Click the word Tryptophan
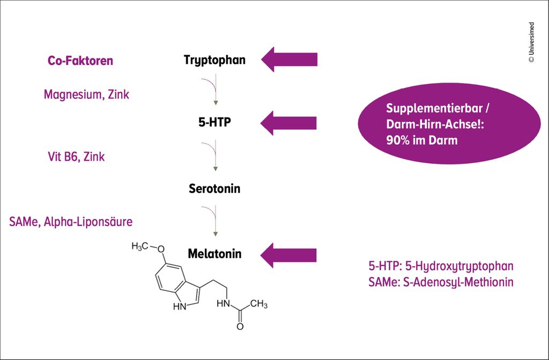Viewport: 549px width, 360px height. point(214,59)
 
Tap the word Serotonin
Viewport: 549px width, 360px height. point(214,189)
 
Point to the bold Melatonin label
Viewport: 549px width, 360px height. point(214,253)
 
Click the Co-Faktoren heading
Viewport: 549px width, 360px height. point(80,61)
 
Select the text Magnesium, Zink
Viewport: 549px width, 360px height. point(86,94)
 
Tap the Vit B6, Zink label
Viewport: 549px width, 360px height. point(76,157)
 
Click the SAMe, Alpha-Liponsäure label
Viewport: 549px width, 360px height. point(70,221)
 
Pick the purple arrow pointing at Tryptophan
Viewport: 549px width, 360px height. point(290,59)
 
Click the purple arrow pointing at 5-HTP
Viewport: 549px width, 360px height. point(290,123)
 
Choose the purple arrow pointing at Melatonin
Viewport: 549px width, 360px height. point(290,254)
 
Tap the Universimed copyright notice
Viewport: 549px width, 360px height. point(531,42)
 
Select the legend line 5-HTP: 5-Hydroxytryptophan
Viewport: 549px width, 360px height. point(441,266)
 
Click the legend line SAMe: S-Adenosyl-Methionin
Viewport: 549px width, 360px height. point(441,282)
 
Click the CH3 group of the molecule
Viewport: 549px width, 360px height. point(258,304)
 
